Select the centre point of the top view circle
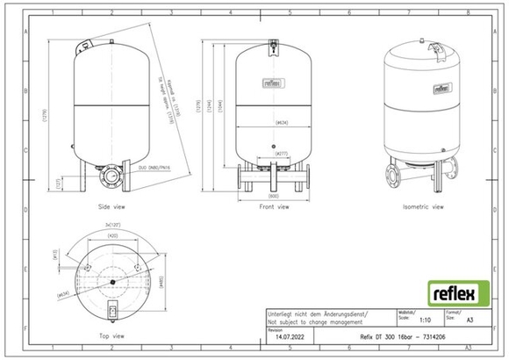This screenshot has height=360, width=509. [x=111, y=281]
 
